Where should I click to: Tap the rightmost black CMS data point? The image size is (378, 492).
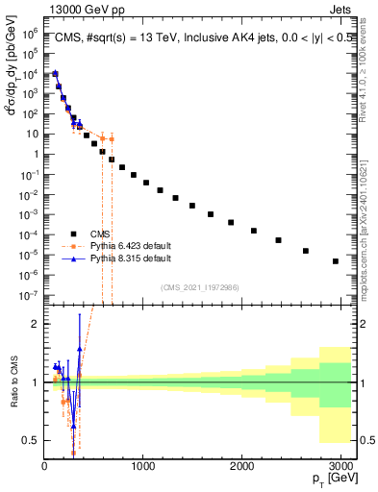point(336,261)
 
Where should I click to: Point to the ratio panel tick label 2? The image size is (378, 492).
point(35,325)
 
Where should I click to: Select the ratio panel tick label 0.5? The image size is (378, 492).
point(31,440)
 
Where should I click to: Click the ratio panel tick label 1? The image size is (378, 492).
point(35,382)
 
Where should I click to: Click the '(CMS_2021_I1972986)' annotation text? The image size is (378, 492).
point(198,287)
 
